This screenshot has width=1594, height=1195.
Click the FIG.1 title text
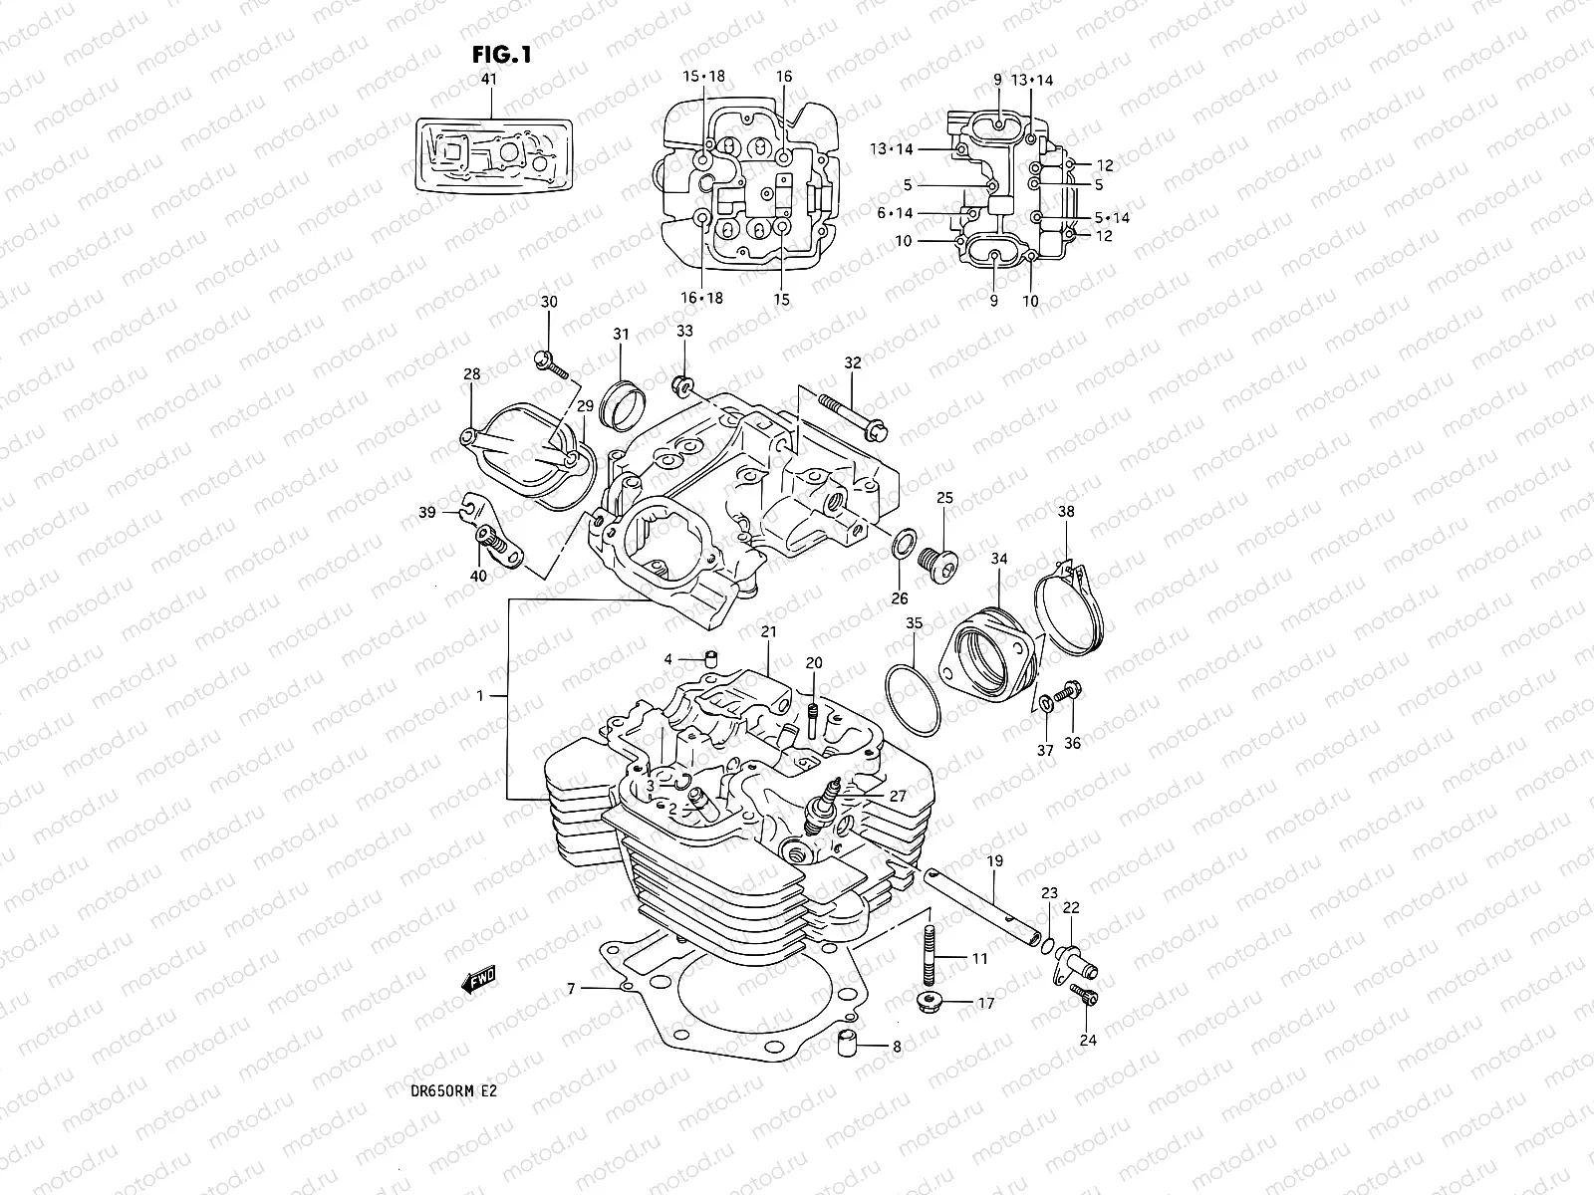click(x=502, y=56)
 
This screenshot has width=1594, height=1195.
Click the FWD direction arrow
click(x=479, y=981)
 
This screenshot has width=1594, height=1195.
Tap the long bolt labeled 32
click(x=853, y=417)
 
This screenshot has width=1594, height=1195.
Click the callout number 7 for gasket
click(x=571, y=989)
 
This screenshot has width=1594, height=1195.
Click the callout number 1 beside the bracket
click(x=480, y=696)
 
